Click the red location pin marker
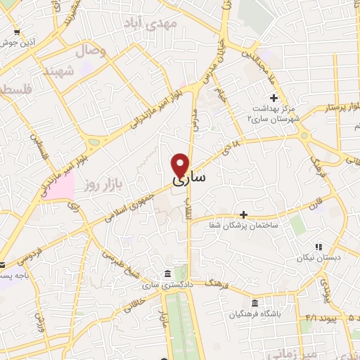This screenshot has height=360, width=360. pyautogui.click(x=180, y=165)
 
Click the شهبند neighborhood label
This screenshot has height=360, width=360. pyautogui.click(x=59, y=72)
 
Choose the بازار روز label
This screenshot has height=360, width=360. pyautogui.click(x=99, y=185)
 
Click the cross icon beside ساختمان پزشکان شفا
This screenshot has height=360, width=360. pyautogui.click(x=243, y=214)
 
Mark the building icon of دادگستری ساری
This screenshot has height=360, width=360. pyautogui.click(x=166, y=274)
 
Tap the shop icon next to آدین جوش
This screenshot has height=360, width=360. pyautogui.click(x=16, y=32)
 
